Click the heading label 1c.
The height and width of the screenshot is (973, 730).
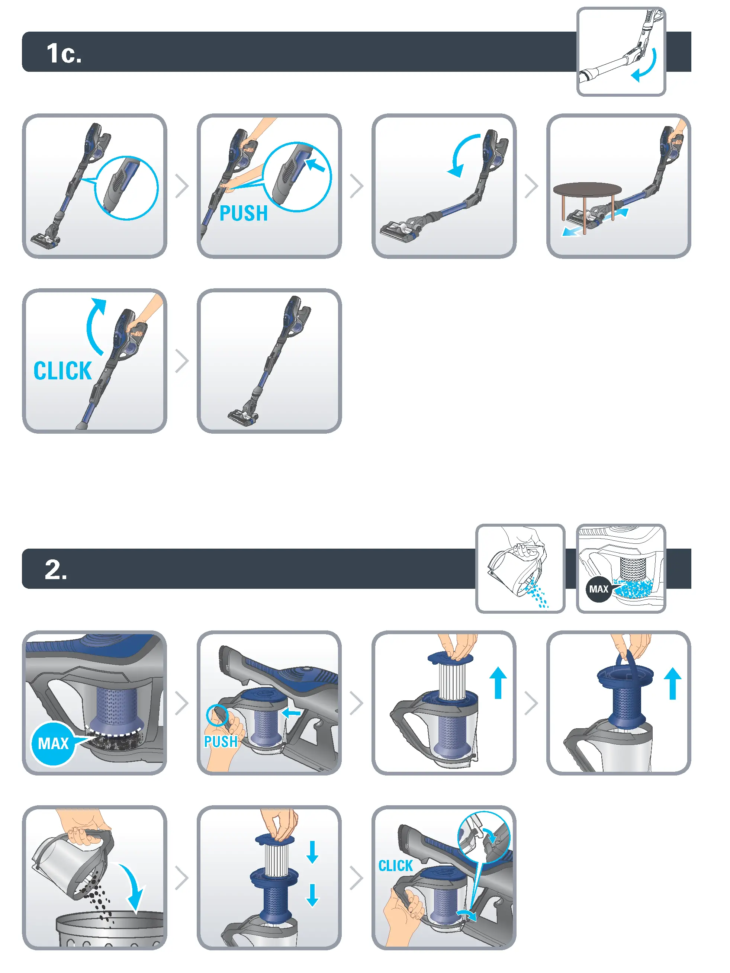[64, 53]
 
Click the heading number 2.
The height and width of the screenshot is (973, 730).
[56, 570]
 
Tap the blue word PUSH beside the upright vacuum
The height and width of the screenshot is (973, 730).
[243, 214]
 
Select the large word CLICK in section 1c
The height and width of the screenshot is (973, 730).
[62, 371]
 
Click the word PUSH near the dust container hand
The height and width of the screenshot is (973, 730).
[220, 742]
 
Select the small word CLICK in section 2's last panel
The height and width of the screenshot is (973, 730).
[395, 866]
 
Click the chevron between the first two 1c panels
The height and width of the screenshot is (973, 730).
[181, 186]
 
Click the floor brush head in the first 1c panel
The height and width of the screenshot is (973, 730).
[45, 240]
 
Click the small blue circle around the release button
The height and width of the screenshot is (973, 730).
[217, 715]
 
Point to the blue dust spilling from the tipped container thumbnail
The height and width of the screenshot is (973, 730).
[537, 594]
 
